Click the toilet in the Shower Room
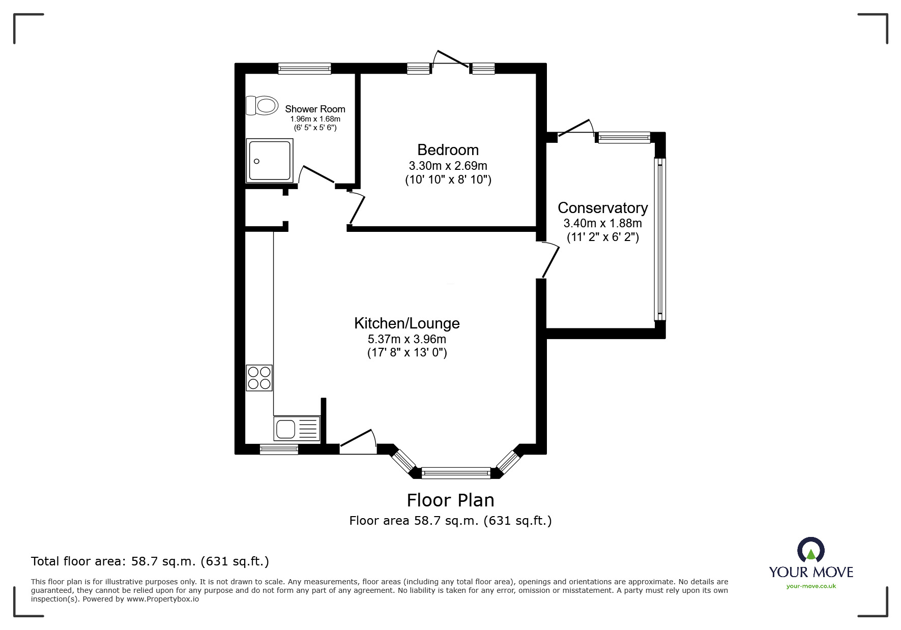click(x=262, y=106)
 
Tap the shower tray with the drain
click(x=270, y=161)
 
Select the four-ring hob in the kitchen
click(x=259, y=378)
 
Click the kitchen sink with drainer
click(x=297, y=429)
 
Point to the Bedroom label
click(x=448, y=150)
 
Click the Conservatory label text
click(x=602, y=208)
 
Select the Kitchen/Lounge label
click(x=406, y=323)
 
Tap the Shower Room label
click(x=315, y=109)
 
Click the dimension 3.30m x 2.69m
click(x=448, y=166)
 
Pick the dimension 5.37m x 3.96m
click(x=406, y=339)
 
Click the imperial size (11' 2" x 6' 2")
click(x=602, y=237)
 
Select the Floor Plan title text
click(x=450, y=500)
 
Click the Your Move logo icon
click(x=810, y=551)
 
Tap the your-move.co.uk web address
click(x=811, y=586)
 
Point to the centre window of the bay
click(x=456, y=473)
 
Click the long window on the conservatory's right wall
click(x=659, y=239)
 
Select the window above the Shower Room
click(x=304, y=68)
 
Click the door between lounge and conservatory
click(x=550, y=259)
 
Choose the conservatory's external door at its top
click(x=576, y=128)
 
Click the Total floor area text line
click(x=150, y=561)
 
